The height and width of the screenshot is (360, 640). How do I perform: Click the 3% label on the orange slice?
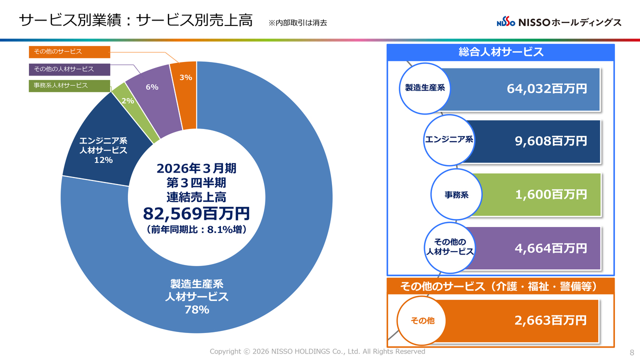tap(186, 77)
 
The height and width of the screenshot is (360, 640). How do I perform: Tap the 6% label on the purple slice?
tap(152, 87)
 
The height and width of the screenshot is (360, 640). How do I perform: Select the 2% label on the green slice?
tap(127, 100)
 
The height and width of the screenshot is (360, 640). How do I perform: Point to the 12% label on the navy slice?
tap(103, 160)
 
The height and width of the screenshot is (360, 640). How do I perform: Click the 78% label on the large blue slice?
tap(196, 310)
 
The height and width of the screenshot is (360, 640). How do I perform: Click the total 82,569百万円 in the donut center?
tap(196, 213)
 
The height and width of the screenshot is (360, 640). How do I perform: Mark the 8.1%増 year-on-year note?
tap(196, 229)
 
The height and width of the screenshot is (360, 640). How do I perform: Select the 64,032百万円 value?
tap(546, 89)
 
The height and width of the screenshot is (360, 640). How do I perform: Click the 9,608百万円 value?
tap(550, 141)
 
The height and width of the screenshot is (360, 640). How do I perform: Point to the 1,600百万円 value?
tap(550, 194)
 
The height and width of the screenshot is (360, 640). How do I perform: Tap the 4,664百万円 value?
tap(550, 248)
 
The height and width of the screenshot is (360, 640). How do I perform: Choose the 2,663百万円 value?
tap(550, 320)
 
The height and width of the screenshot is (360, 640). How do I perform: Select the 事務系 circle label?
tap(456, 195)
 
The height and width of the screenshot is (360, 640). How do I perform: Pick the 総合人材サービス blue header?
tap(500, 52)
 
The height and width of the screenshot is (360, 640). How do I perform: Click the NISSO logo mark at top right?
tap(505, 22)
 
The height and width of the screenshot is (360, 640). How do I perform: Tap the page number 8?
tap(631, 352)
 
